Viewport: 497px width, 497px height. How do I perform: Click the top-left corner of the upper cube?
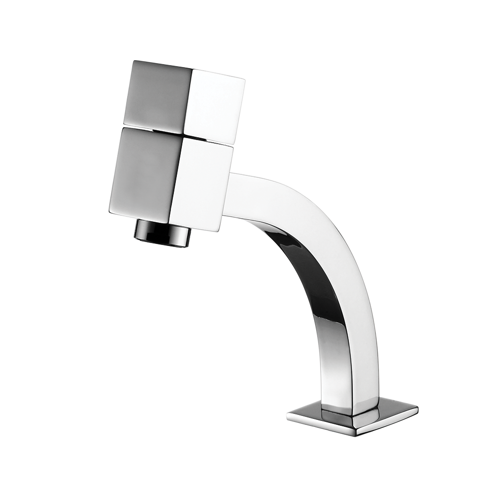click(x=133, y=62)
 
